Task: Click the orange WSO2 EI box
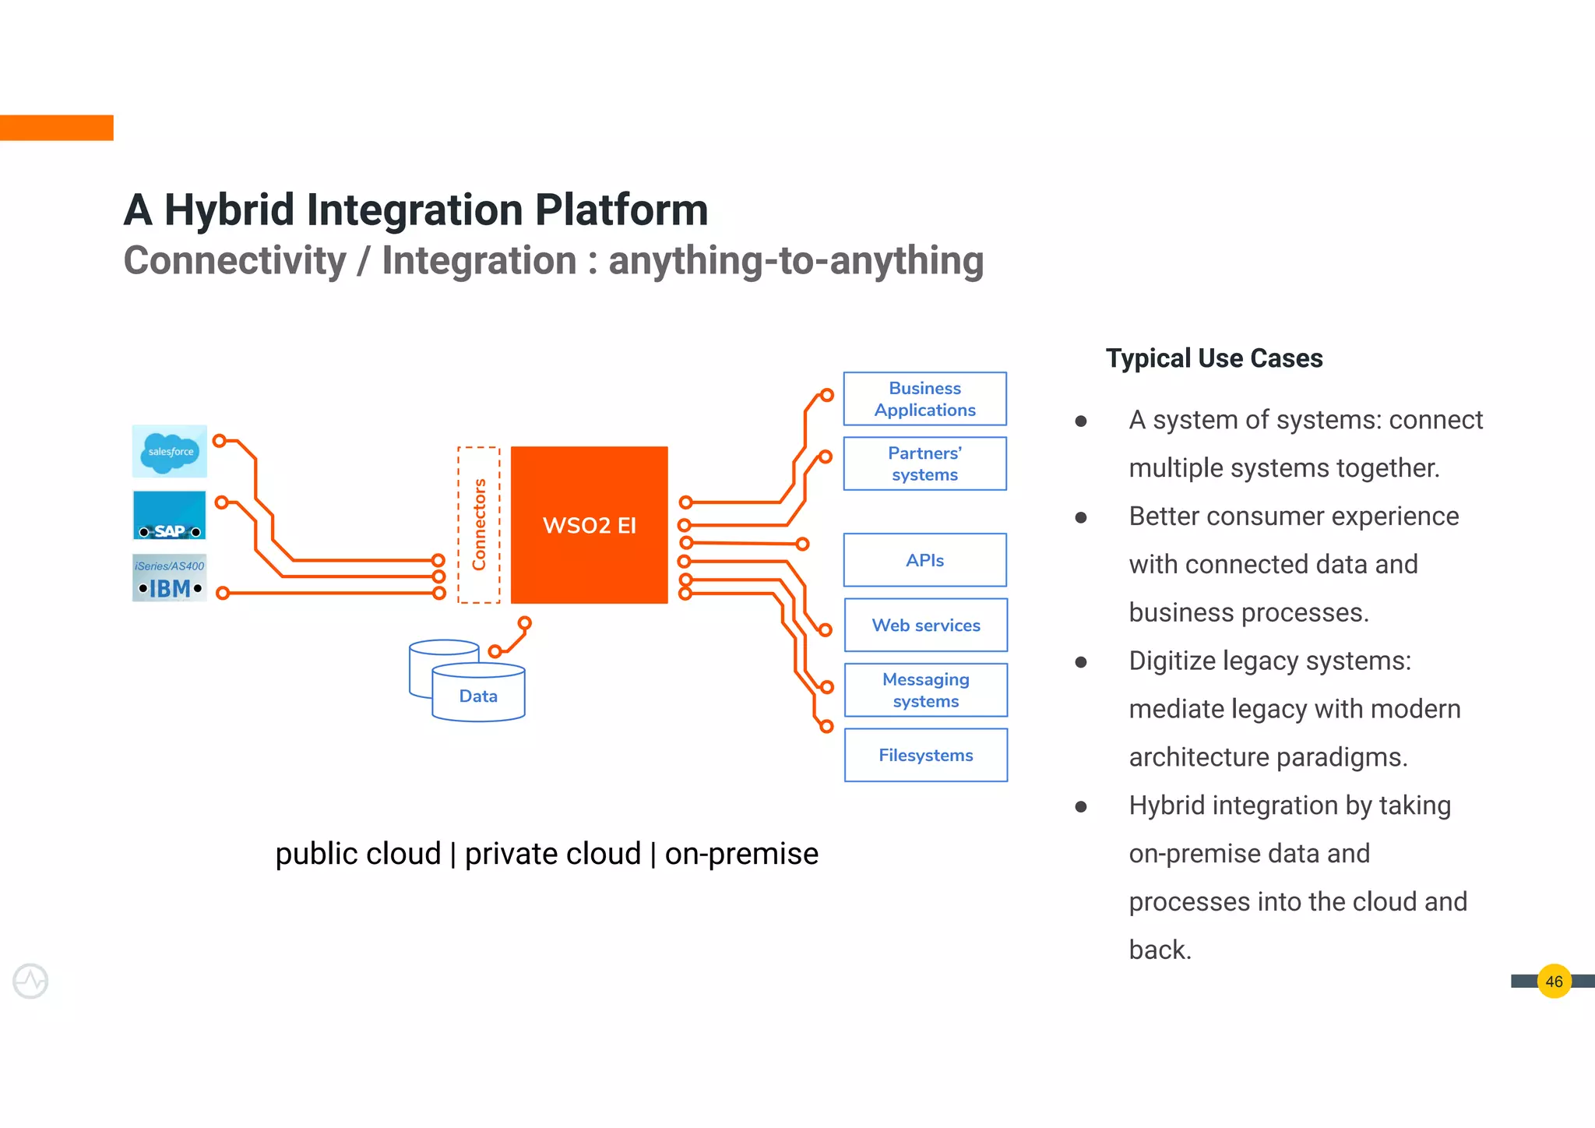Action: (x=589, y=524)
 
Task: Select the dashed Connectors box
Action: (x=478, y=524)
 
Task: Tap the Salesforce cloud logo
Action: (x=170, y=451)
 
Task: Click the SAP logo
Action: (x=170, y=515)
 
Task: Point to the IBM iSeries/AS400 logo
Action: (x=170, y=578)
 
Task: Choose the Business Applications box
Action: (x=924, y=399)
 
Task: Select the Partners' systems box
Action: (x=924, y=464)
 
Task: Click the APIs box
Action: (x=924, y=560)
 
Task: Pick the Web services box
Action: (x=925, y=625)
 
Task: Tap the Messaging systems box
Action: (x=925, y=690)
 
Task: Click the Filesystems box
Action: (x=925, y=755)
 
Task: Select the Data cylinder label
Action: (x=478, y=696)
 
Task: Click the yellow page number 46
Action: (x=1554, y=982)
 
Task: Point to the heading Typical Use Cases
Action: (x=1214, y=358)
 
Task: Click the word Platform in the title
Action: (x=621, y=210)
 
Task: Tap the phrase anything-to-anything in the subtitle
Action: (x=796, y=260)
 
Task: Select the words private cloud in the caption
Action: (x=552, y=854)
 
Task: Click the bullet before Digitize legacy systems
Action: (x=1081, y=662)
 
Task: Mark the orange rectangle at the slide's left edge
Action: (x=56, y=128)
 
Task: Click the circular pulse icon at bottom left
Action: (x=30, y=981)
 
